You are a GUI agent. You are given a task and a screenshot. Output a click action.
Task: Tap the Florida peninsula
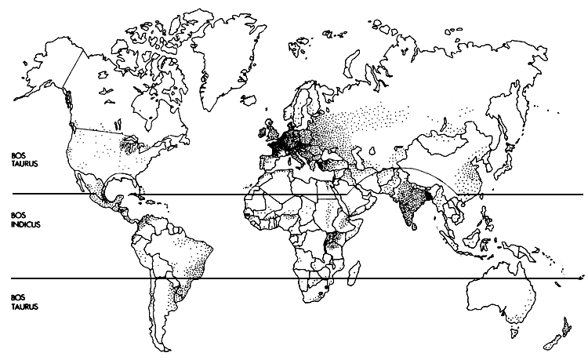point(138,179)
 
